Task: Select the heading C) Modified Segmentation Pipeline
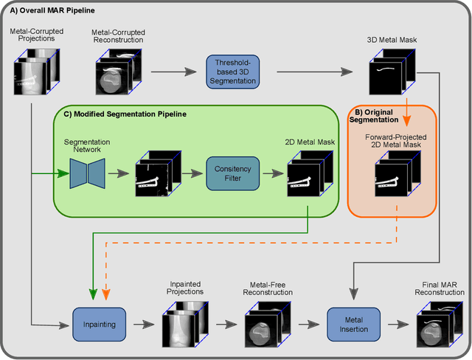point(122,114)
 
